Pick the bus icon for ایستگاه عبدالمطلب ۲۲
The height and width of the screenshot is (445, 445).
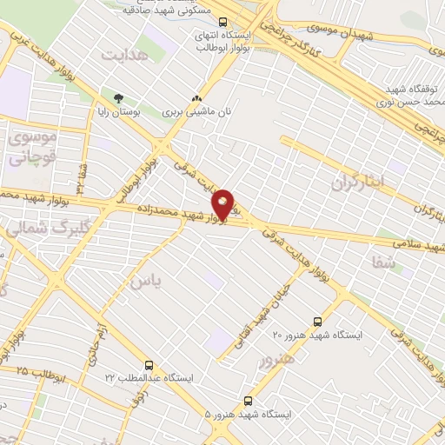pos(149,365)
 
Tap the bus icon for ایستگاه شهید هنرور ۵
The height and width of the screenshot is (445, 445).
pos(249,401)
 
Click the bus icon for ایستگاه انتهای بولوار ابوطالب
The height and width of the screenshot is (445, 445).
pos(223,23)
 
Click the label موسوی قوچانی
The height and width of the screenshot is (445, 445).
pos(31,148)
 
